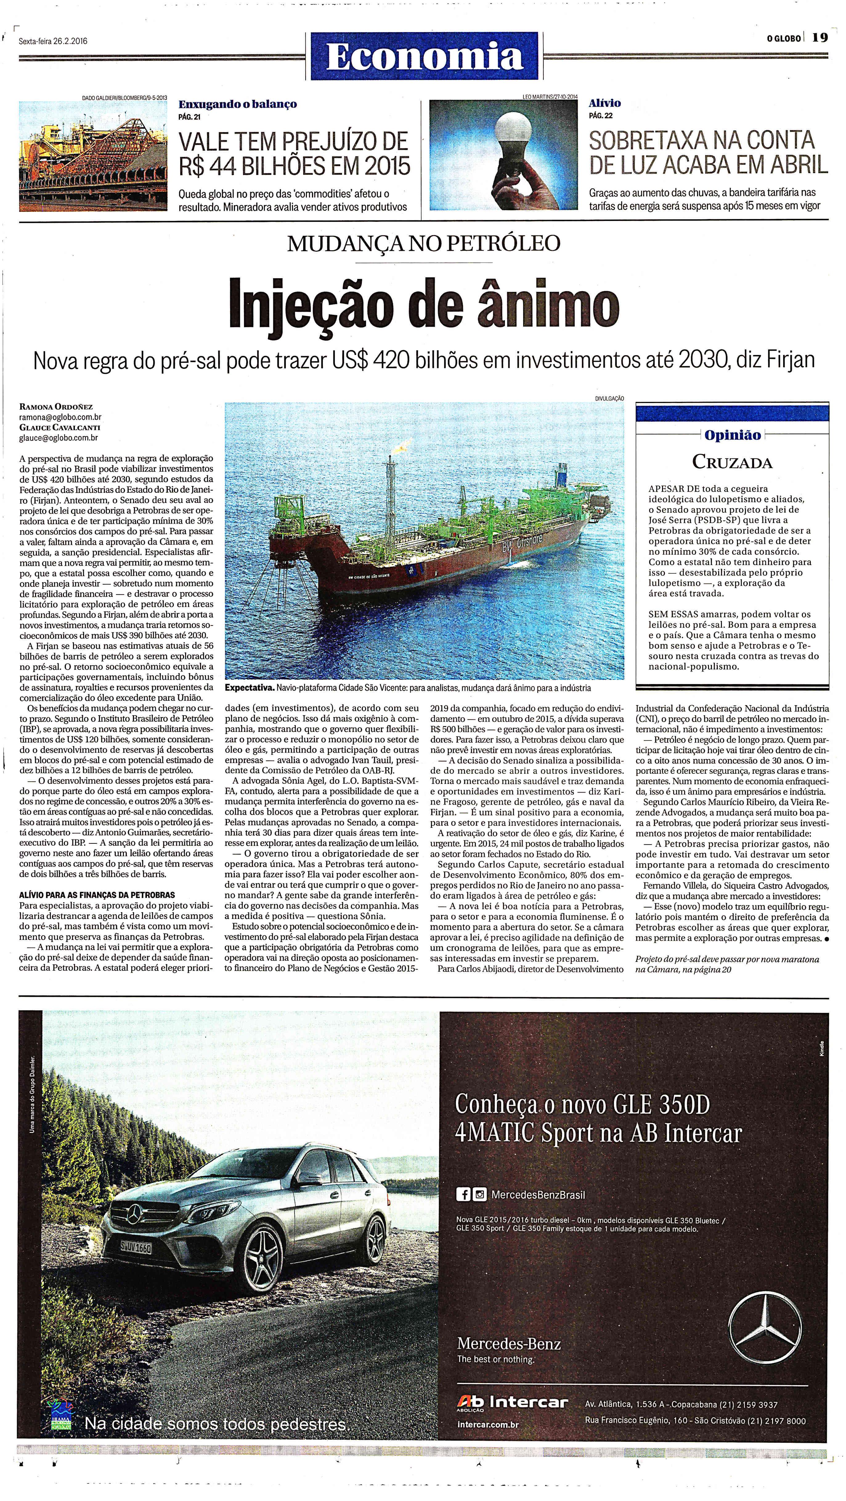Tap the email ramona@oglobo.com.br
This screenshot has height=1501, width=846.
61,417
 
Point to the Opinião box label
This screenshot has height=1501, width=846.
732,435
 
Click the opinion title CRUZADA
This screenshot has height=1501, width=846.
732,462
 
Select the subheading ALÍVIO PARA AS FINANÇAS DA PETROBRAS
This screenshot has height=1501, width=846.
97,895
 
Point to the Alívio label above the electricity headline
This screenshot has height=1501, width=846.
605,103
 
